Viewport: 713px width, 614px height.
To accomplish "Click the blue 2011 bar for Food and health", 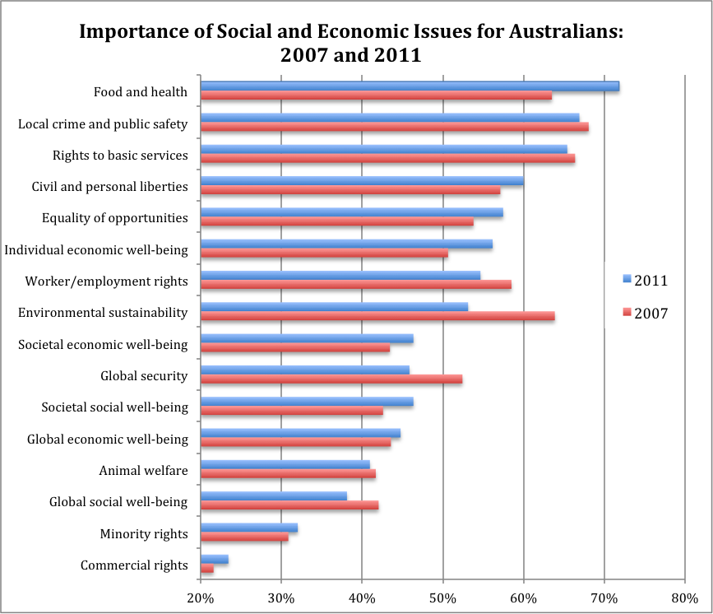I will point(410,86).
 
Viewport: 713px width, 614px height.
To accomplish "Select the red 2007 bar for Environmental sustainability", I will point(377,316).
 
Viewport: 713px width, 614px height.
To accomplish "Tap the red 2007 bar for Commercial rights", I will point(207,569).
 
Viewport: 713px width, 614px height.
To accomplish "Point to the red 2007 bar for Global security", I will point(331,379).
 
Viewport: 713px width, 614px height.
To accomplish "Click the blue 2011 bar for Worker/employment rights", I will point(340,275).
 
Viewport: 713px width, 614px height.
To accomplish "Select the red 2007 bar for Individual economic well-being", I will point(324,254).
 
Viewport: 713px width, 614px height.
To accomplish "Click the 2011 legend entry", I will point(644,281).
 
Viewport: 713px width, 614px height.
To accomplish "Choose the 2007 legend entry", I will point(644,313).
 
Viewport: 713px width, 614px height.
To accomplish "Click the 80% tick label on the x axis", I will point(684,598).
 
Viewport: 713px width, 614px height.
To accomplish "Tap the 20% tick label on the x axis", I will point(201,598).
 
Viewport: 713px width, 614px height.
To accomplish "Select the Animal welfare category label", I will point(143,471).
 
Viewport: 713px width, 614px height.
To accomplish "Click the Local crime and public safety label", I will point(103,124).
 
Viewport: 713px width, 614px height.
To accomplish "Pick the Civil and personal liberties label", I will point(109,187).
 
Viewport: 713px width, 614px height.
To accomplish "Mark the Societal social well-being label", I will point(114,407).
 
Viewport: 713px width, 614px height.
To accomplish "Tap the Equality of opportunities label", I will point(114,218).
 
